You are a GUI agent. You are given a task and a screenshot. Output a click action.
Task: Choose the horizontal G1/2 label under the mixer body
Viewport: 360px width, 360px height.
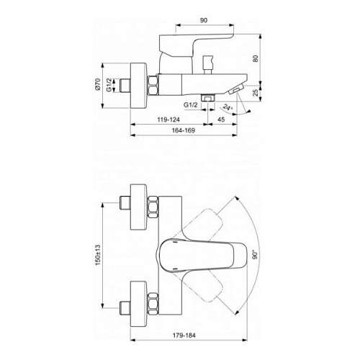191,105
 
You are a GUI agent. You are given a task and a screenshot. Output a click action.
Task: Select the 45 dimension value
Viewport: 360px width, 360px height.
222,120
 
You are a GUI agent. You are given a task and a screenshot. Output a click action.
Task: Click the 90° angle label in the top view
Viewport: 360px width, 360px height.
253,256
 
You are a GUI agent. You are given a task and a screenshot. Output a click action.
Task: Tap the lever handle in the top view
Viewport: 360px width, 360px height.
187,255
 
